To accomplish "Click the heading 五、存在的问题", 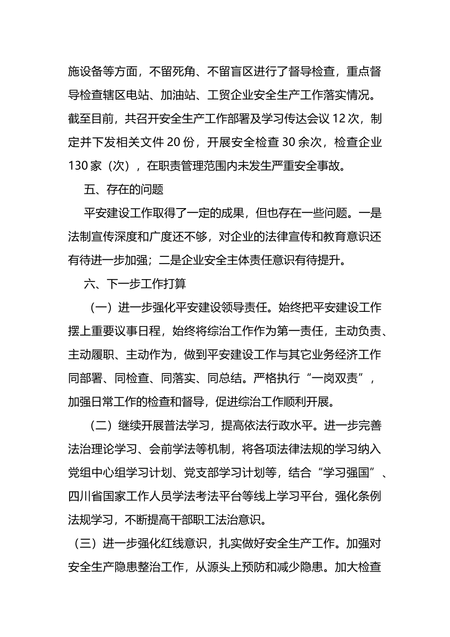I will pos(124,190).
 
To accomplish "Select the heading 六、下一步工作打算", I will pos(135,284).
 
